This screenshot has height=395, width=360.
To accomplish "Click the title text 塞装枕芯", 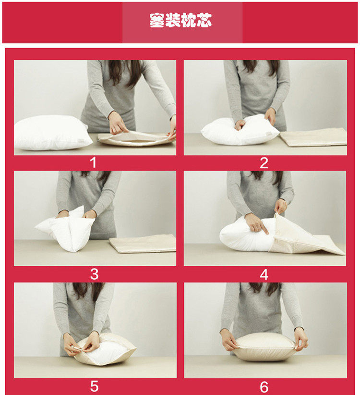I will (x=181, y=22).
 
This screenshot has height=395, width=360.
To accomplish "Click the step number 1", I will (x=94, y=162).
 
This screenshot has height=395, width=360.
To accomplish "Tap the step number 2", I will (x=264, y=162).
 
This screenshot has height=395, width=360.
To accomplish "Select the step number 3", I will (x=94, y=274).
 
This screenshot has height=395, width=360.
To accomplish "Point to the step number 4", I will (x=264, y=274).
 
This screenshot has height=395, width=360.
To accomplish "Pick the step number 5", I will (x=94, y=386).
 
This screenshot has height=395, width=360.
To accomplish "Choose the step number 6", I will (x=264, y=386).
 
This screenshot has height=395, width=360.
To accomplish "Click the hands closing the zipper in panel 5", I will (x=82, y=345).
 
